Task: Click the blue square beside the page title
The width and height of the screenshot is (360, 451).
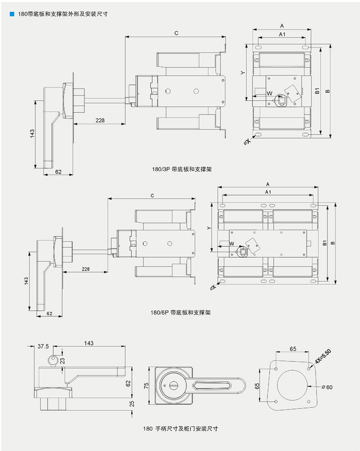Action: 12,14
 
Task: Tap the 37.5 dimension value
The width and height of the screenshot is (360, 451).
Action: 43,346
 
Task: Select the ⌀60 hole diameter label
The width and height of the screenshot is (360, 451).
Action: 327,387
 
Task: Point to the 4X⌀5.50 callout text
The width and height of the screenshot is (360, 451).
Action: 323,356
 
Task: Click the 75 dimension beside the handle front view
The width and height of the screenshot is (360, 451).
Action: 146,385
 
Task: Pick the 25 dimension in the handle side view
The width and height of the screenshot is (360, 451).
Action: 132,404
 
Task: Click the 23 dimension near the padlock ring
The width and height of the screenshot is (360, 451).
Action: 62,361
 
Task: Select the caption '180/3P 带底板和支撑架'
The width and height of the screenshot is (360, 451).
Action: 182,169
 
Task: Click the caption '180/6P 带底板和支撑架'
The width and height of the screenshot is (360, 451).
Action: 180,312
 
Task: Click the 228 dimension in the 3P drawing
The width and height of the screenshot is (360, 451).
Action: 100,120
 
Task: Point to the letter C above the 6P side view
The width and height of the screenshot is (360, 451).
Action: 152,196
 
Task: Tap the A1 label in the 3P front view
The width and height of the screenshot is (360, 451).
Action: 282,34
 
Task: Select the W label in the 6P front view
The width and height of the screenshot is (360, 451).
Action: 231,244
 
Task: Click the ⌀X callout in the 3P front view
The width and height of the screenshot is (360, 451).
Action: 247,142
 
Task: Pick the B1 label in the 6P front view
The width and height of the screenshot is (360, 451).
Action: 325,243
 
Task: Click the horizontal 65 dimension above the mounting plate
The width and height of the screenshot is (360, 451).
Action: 293,349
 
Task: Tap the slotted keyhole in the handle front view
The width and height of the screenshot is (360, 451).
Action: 174,385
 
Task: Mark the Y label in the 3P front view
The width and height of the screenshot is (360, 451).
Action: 243,73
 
